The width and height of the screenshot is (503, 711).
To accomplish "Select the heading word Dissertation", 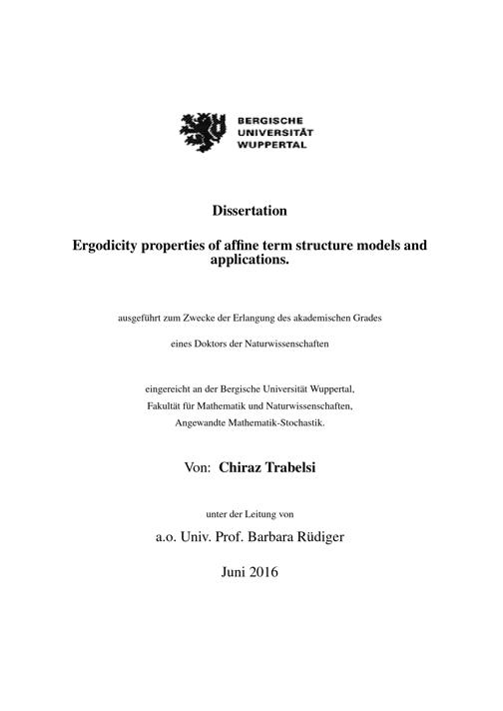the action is [251, 211].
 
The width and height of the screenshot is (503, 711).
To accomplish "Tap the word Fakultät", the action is [163, 404].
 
